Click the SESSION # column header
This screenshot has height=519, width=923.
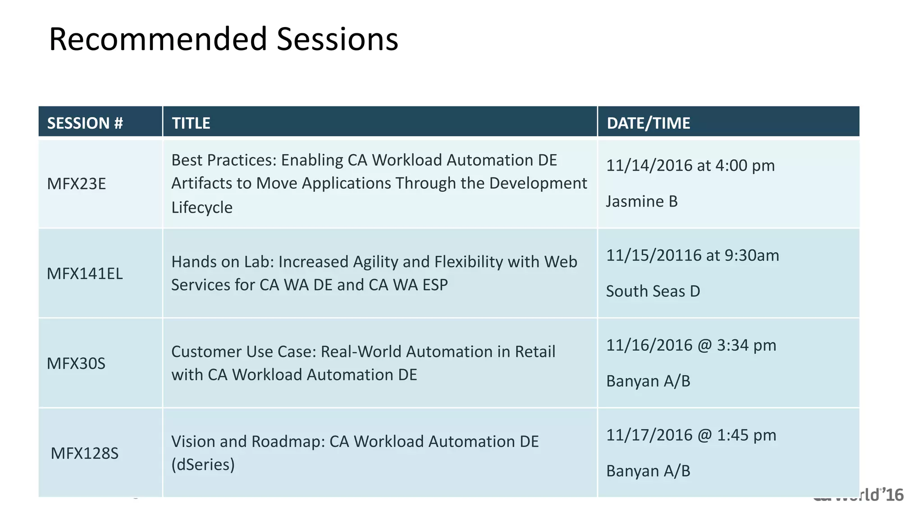click(x=85, y=123)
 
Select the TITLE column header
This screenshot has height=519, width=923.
click(x=191, y=123)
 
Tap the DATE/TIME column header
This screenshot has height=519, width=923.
click(x=648, y=123)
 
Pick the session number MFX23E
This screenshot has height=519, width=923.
click(x=76, y=184)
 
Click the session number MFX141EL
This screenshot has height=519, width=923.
click(x=85, y=273)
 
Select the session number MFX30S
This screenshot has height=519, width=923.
click(x=76, y=363)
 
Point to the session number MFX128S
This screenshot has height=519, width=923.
click(x=84, y=453)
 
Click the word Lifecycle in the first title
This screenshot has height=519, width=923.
click(x=202, y=207)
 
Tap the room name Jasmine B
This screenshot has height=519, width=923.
click(x=641, y=201)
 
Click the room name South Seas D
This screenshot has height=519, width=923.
click(x=653, y=291)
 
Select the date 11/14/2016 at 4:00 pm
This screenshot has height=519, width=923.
click(x=690, y=165)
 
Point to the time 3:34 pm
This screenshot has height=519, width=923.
click(x=746, y=345)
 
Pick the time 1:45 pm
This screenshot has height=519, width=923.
click(x=746, y=435)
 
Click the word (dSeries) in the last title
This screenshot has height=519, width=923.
click(x=203, y=464)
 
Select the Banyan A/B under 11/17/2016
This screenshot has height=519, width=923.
click(x=648, y=471)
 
